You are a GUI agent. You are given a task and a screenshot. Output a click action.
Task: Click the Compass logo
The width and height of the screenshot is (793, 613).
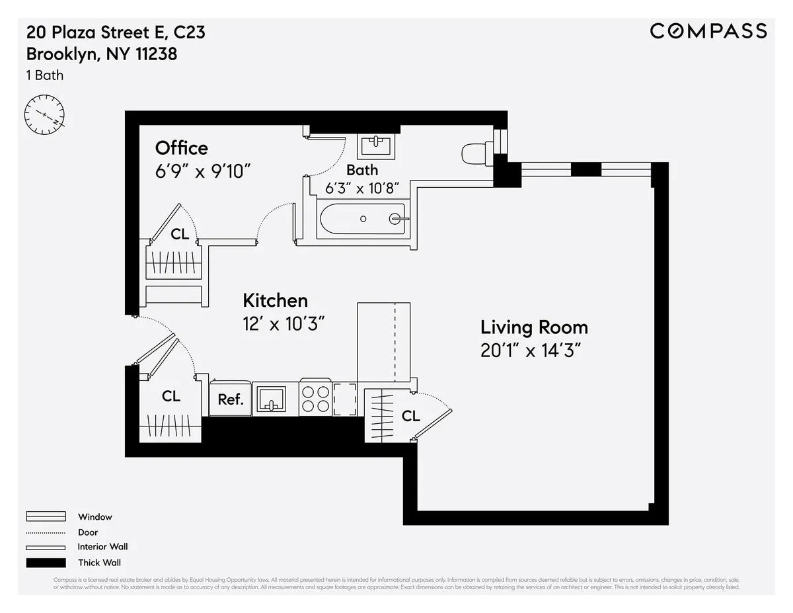point(708,31)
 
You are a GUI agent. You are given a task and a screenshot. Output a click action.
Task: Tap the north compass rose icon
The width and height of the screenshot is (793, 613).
point(45,114)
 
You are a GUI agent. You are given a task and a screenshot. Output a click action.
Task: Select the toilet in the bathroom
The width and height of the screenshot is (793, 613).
point(475,154)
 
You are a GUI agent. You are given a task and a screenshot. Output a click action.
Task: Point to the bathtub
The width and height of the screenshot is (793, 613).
point(362,219)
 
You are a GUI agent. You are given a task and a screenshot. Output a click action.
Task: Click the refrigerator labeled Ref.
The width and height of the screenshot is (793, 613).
point(231,399)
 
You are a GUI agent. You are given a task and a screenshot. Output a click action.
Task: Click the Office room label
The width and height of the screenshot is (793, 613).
point(181,148)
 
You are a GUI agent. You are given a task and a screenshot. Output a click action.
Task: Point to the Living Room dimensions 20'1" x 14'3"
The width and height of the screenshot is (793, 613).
point(533,350)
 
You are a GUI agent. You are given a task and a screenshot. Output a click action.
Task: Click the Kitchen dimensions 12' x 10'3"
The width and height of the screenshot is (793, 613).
point(283,323)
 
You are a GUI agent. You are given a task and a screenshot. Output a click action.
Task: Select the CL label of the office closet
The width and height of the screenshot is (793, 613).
point(180,234)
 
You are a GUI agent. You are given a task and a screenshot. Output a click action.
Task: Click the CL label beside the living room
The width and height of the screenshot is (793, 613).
point(410,416)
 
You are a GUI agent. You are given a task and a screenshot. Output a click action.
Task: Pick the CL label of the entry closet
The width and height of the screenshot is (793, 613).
point(171,396)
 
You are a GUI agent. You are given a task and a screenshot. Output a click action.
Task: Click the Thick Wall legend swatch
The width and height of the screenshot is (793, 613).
point(46,563)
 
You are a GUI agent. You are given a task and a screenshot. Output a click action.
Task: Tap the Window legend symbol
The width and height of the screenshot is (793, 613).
point(46,516)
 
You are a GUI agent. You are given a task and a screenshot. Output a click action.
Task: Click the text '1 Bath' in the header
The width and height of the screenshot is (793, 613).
point(45,75)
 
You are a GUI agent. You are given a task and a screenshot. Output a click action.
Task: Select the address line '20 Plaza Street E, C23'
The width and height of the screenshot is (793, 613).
point(116,32)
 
